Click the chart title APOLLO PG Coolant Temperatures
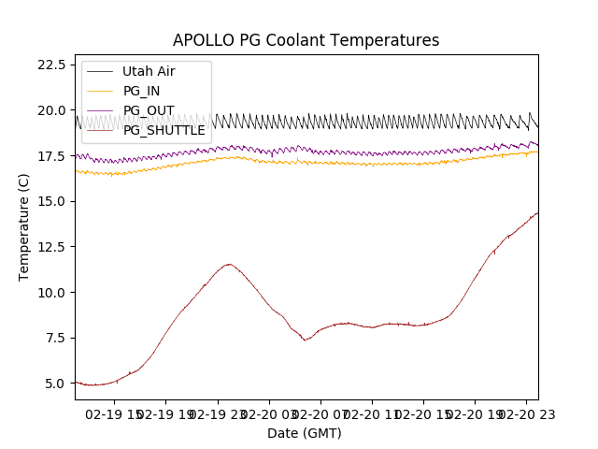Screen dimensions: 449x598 (306, 40)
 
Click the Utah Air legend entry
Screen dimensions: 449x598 (148, 71)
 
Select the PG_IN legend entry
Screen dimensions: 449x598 (141, 91)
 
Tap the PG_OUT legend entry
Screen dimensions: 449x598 (148, 110)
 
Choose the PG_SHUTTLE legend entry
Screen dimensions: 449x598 (164, 130)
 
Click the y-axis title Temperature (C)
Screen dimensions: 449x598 (24, 226)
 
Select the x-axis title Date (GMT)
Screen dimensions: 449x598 (305, 433)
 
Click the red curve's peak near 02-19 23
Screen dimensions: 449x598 (228, 264)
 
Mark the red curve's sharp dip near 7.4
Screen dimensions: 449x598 (306, 340)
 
